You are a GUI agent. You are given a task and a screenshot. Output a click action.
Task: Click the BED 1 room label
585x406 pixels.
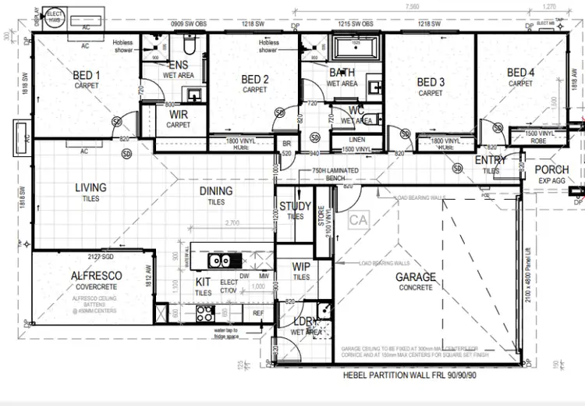pyautogui.click(x=87, y=76)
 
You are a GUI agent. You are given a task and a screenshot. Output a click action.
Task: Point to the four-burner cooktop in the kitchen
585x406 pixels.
pyautogui.click(x=206, y=314)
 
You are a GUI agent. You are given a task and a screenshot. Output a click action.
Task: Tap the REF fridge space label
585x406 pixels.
pyautogui.click(x=258, y=313)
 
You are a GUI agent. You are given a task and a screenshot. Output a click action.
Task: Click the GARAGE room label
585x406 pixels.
pyautogui.click(x=414, y=277)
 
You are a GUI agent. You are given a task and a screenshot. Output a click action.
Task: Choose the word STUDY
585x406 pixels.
pyautogui.click(x=294, y=207)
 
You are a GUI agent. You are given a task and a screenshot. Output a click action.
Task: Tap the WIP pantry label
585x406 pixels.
pyautogui.click(x=301, y=267)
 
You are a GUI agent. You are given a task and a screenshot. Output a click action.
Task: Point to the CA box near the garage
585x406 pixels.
pyautogui.click(x=358, y=221)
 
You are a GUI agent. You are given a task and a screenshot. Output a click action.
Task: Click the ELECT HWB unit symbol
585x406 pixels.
pyautogui.click(x=55, y=16)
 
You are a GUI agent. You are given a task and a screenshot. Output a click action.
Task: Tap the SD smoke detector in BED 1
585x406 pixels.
pyautogui.click(x=116, y=121)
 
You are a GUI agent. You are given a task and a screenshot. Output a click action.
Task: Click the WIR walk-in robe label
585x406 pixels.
pyautogui.click(x=178, y=116)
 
